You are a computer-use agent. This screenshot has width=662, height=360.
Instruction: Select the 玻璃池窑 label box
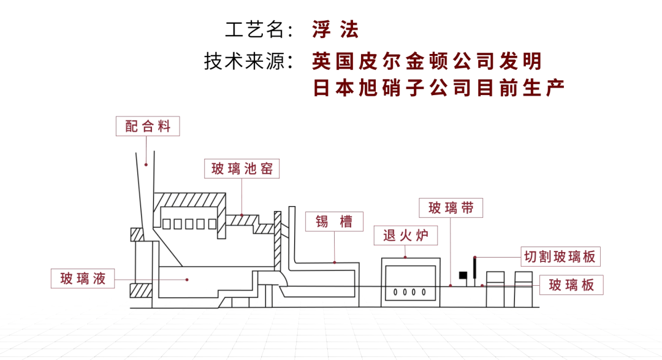(242, 169)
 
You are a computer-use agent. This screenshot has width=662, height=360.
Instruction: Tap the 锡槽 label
(334, 221)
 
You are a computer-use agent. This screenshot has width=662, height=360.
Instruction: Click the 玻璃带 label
(451, 207)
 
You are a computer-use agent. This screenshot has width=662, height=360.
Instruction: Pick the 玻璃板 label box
(571, 285)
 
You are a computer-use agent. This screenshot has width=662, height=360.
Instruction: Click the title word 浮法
(335, 29)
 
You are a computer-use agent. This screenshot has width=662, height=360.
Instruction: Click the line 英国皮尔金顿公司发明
(427, 61)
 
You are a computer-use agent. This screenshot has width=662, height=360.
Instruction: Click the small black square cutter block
(463, 275)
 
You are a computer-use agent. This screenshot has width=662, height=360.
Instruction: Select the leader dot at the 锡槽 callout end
(335, 262)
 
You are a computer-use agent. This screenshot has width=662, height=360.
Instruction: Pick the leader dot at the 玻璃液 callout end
(188, 279)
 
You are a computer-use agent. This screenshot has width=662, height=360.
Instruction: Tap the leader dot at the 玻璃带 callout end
(451, 285)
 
